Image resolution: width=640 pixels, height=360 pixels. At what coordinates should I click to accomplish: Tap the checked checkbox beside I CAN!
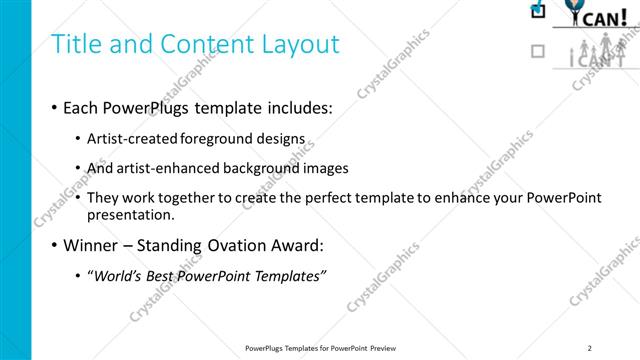[x=538, y=11]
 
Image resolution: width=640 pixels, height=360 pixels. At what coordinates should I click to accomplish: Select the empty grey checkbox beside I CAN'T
[x=538, y=50]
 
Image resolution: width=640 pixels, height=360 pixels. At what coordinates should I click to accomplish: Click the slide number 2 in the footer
[x=590, y=348]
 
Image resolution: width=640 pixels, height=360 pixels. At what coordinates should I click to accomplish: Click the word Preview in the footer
[x=389, y=348]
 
